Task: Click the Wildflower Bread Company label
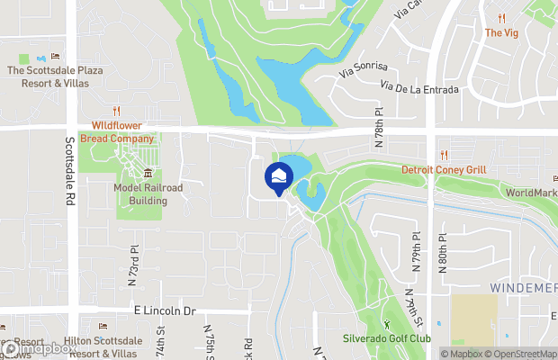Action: point(117,133)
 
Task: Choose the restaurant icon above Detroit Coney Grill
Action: point(440,155)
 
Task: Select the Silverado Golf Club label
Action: point(387,338)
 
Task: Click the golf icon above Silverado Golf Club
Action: point(387,323)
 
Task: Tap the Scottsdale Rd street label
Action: point(69,170)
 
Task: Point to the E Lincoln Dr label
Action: point(166,310)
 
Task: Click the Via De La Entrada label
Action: point(419,88)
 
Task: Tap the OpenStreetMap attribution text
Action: point(521,353)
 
